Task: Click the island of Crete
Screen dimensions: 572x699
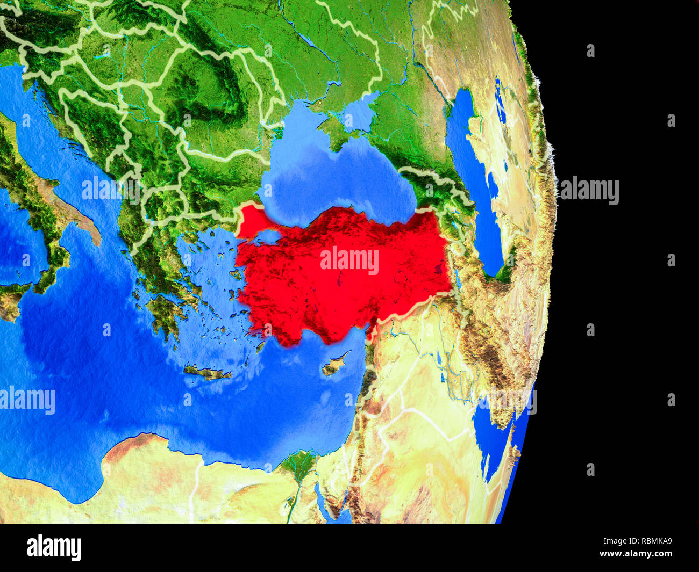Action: point(207,371)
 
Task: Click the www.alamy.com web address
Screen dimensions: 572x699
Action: point(636,554)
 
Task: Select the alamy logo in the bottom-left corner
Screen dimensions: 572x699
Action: point(54,547)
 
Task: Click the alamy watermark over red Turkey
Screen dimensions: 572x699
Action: point(349,260)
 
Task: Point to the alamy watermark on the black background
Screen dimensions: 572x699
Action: point(589,191)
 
